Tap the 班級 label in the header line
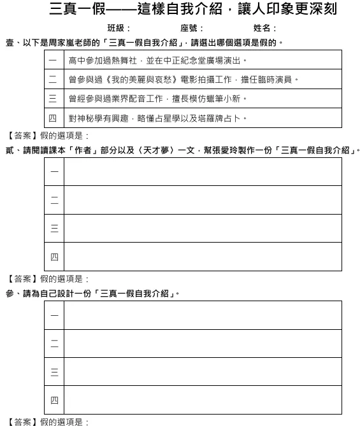(x=119, y=29)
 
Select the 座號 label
(x=192, y=29)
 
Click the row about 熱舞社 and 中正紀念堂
(x=157, y=61)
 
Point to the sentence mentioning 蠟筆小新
(x=157, y=99)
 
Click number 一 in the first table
(x=53, y=61)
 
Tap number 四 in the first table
(x=53, y=118)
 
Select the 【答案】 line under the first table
(x=48, y=136)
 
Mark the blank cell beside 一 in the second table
(x=203, y=172)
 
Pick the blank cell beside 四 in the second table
(x=203, y=257)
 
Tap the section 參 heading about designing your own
(x=92, y=294)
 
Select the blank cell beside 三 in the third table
(x=203, y=372)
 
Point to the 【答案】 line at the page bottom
(x=48, y=422)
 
